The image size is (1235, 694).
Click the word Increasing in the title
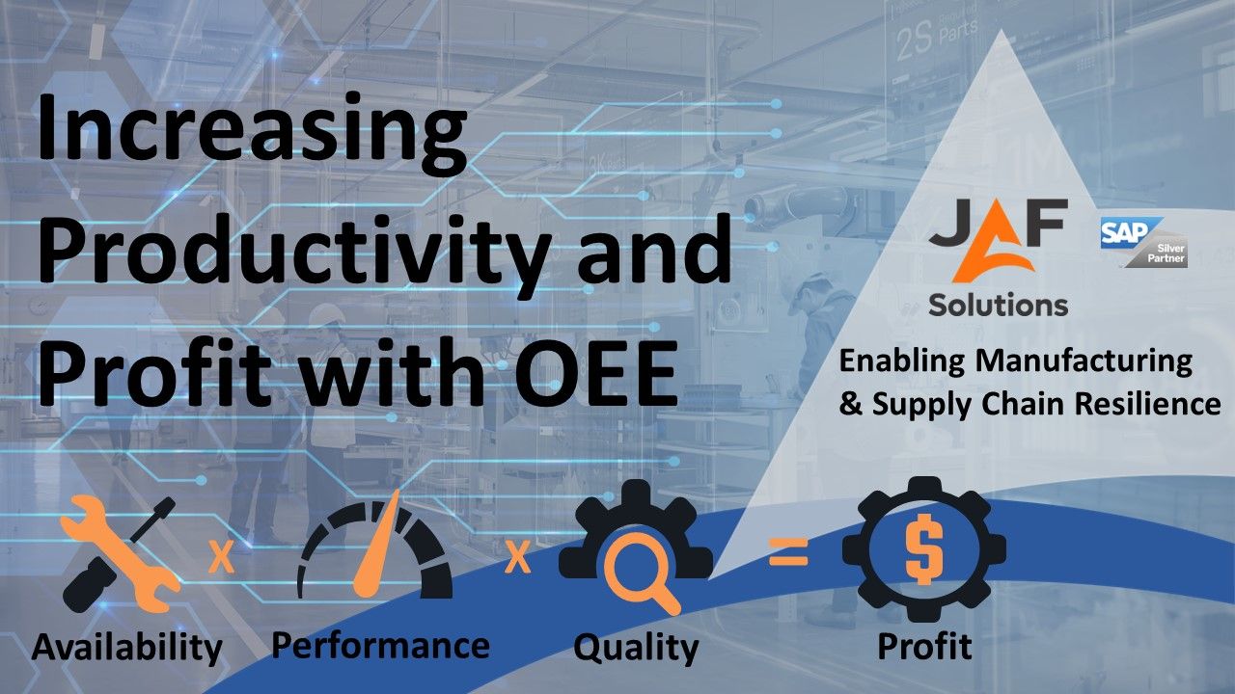(252, 135)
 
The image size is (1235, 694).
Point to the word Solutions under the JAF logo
(998, 304)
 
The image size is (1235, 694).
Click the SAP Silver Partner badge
(1144, 242)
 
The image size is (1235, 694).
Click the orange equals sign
(789, 552)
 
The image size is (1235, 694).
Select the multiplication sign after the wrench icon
(222, 557)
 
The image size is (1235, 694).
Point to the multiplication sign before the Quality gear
(517, 557)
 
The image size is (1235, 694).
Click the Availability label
(126, 647)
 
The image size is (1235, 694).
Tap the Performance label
(380, 646)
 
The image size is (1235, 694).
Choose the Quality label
(636, 648)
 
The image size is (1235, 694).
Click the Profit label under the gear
(924, 646)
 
